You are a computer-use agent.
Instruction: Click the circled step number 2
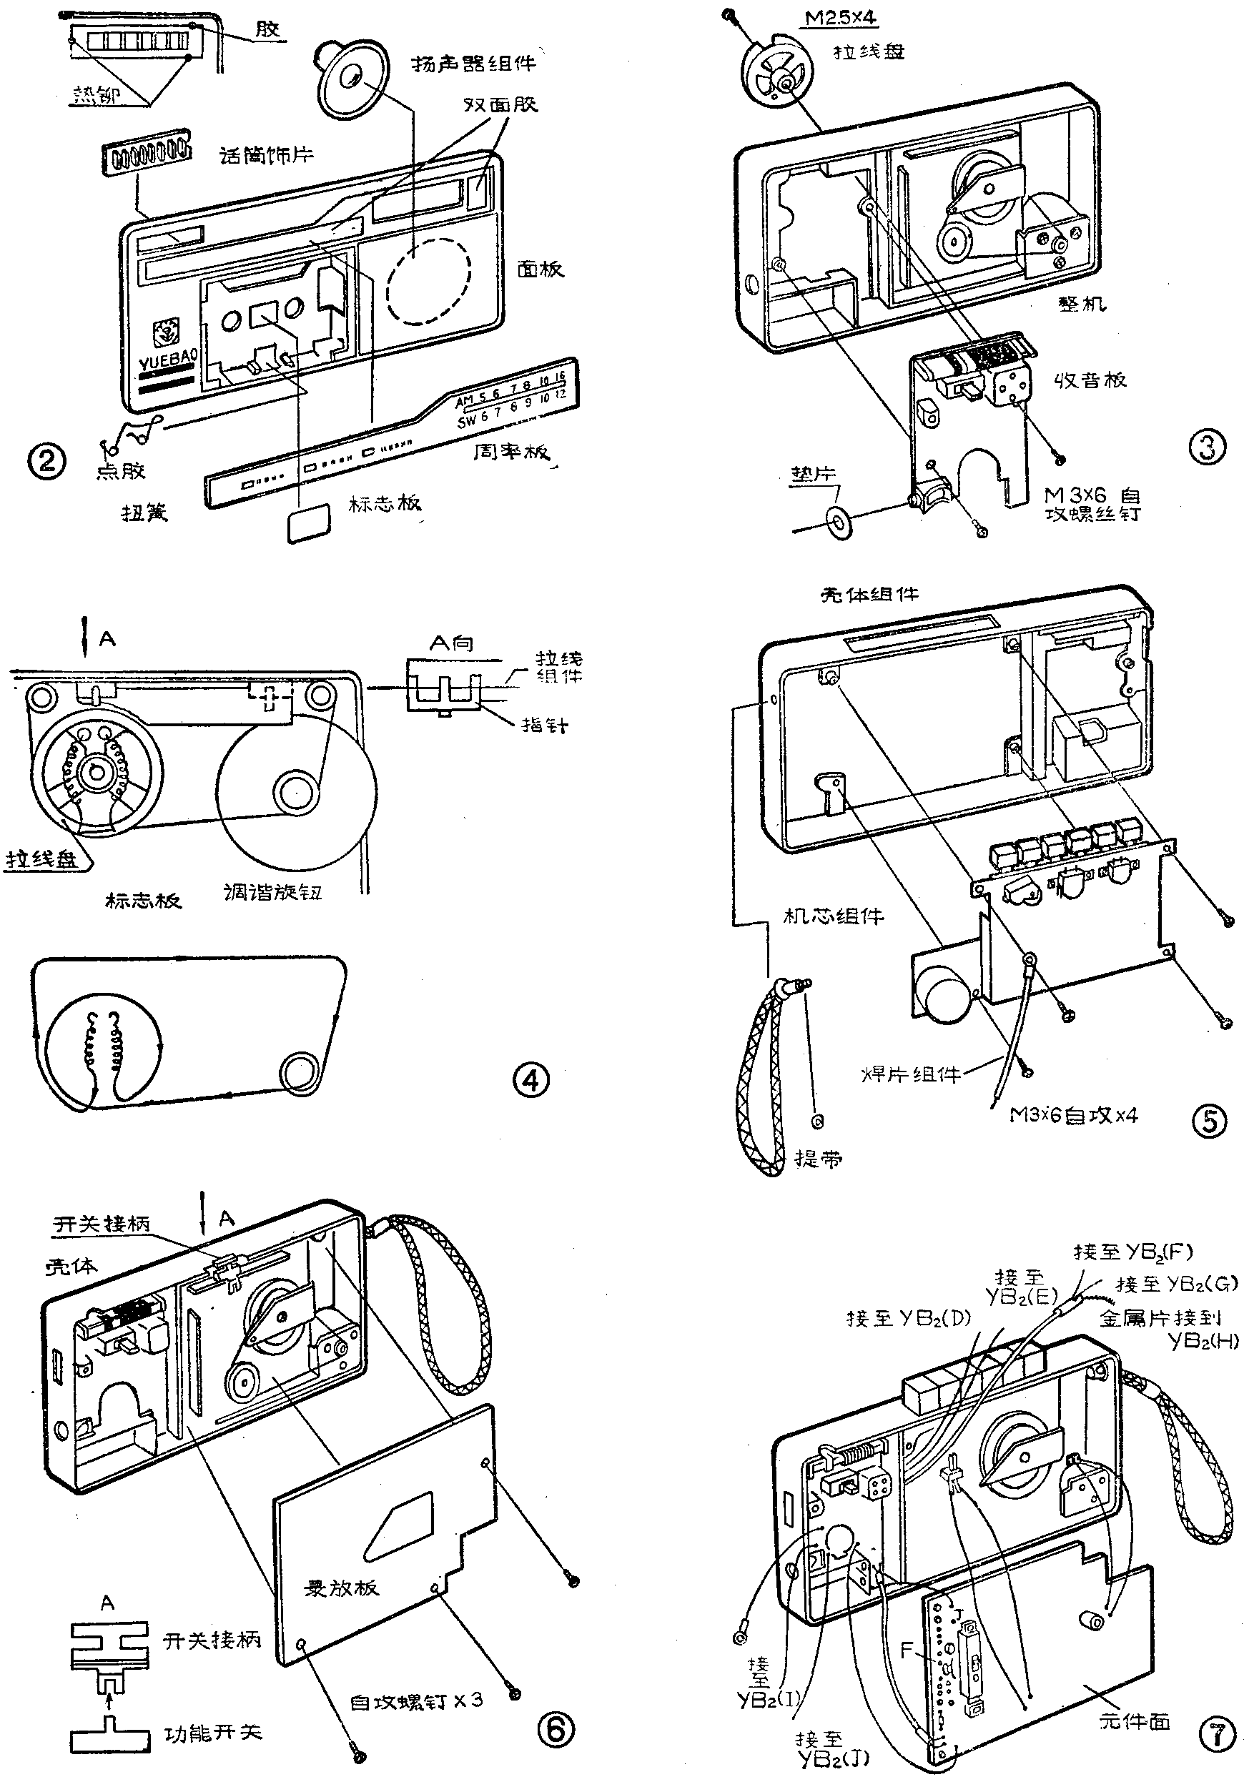pos(46,462)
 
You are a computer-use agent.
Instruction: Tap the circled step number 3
pos(1207,448)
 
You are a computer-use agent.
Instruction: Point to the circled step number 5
pos(1209,1121)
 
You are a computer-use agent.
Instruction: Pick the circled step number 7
pos(1216,1733)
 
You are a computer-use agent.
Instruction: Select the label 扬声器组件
pos(473,64)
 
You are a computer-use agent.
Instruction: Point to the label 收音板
pos(1090,380)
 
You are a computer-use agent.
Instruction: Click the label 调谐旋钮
pos(272,893)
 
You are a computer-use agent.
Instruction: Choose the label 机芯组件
pos(834,916)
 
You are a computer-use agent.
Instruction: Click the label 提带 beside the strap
pos(818,1159)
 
